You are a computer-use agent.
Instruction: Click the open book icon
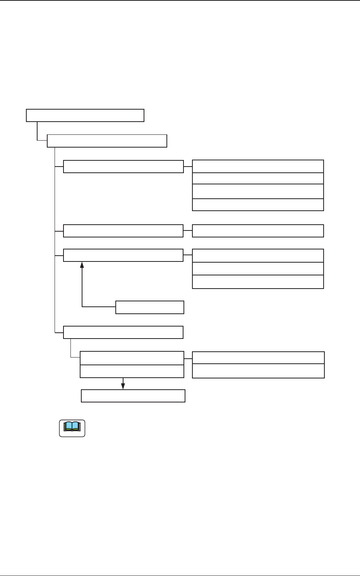click(72, 428)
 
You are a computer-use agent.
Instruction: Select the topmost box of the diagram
click(85, 115)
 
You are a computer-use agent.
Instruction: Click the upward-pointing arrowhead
click(82, 265)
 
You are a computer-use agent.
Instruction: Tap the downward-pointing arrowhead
click(123, 386)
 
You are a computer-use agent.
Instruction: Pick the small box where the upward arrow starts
click(150, 307)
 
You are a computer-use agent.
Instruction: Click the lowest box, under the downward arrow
click(133, 396)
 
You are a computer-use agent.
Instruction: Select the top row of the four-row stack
click(258, 166)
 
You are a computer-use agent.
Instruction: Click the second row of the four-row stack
click(258, 178)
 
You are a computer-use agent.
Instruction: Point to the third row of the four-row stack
click(258, 191)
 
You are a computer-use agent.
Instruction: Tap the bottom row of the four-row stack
click(258, 205)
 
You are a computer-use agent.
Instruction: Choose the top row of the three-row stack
click(258, 256)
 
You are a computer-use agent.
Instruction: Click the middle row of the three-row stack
click(258, 269)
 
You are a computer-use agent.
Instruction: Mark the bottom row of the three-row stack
click(258, 282)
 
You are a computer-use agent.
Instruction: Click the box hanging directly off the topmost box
click(107, 141)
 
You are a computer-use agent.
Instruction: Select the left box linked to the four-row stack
click(123, 167)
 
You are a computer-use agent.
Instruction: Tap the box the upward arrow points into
click(123, 255)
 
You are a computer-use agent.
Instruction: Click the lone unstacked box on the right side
click(258, 231)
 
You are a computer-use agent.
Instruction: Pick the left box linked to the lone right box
click(123, 231)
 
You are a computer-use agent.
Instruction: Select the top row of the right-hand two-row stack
click(258, 358)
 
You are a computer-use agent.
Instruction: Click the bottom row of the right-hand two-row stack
click(258, 371)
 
